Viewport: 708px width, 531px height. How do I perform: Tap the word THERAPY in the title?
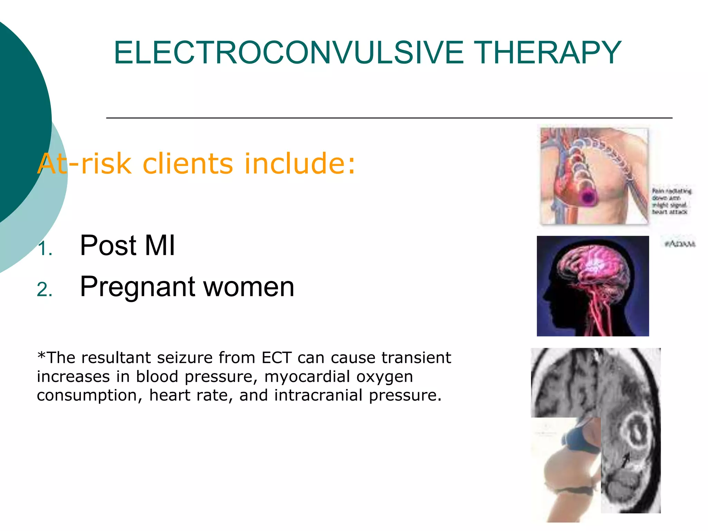pyautogui.click(x=549, y=53)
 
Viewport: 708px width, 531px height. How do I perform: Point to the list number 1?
pyautogui.click(x=45, y=249)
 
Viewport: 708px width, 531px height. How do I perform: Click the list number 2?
pyautogui.click(x=45, y=290)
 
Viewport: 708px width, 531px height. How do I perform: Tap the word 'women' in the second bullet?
pyautogui.click(x=249, y=287)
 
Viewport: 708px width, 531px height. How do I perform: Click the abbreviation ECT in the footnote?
pyautogui.click(x=277, y=358)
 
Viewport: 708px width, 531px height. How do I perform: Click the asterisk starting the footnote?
pyautogui.click(x=41, y=356)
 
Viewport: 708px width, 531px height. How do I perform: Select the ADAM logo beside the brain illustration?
pyautogui.click(x=680, y=244)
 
